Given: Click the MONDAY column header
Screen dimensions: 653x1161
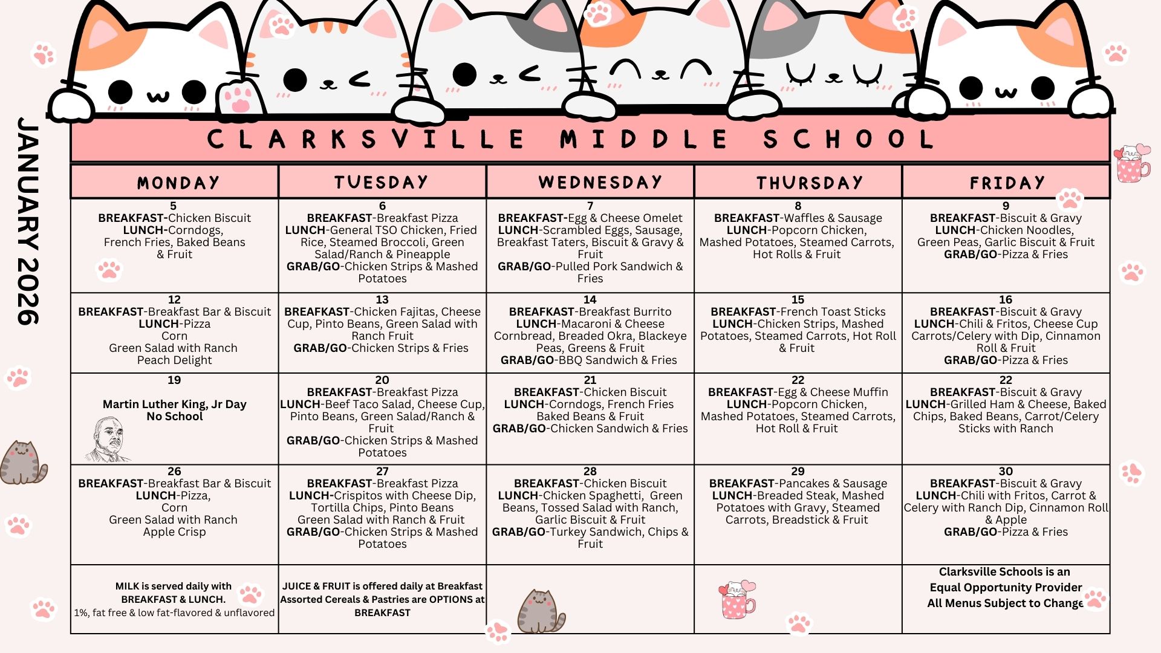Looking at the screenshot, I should pyautogui.click(x=178, y=183).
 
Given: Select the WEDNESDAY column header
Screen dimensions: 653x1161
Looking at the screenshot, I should pyautogui.click(x=600, y=183).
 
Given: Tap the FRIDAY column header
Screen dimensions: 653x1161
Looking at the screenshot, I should pyautogui.click(x=1007, y=183).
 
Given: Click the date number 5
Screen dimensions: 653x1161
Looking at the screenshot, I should pyautogui.click(x=174, y=206).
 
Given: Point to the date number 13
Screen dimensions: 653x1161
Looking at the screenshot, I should pyautogui.click(x=382, y=300).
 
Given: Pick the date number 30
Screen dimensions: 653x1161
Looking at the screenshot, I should pyautogui.click(x=1006, y=472).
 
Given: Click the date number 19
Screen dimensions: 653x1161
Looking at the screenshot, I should pyautogui.click(x=174, y=380).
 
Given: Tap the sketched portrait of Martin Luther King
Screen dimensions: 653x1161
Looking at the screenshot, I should pyautogui.click(x=109, y=439).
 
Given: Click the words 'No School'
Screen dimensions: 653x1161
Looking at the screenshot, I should pyautogui.click(x=174, y=417).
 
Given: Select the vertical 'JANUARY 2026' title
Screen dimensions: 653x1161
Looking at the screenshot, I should pyautogui.click(x=28, y=221).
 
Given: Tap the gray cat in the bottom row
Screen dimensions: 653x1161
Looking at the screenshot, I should pyautogui.click(x=541, y=611).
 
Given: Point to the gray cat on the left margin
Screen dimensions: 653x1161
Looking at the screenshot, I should pyautogui.click(x=22, y=463).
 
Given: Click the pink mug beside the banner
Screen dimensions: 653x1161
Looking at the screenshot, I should pyautogui.click(x=1132, y=163).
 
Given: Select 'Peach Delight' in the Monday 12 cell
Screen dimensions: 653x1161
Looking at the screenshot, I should pyautogui.click(x=174, y=360).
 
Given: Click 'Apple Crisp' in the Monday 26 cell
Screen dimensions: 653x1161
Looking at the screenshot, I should pyautogui.click(x=174, y=532).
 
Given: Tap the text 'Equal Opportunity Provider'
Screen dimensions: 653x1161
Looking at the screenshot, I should pyautogui.click(x=1006, y=588).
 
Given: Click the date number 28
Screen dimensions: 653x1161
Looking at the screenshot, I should pyautogui.click(x=590, y=472).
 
